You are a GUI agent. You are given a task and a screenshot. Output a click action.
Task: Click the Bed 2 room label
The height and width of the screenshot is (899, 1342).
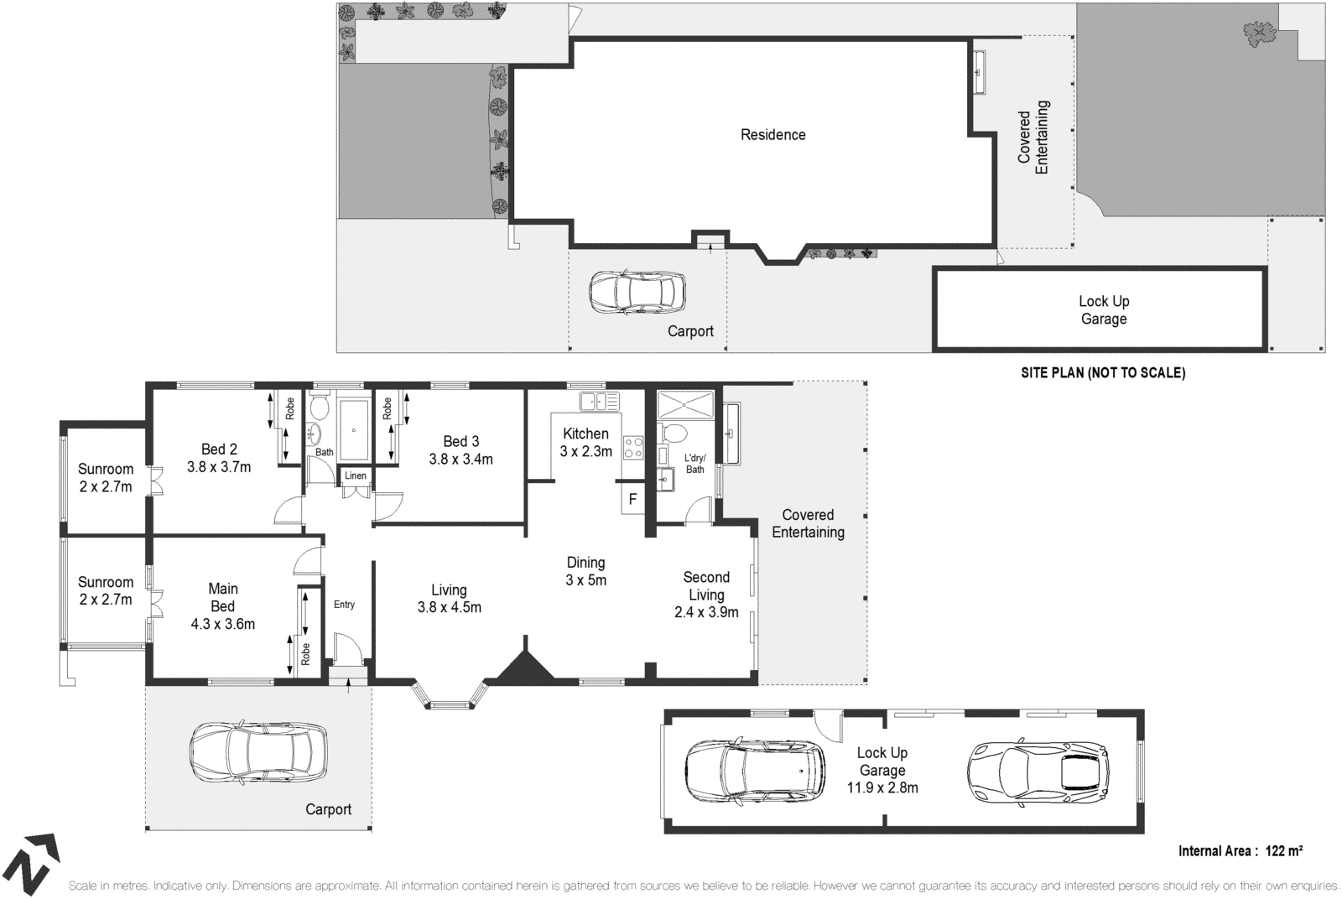tap(219, 458)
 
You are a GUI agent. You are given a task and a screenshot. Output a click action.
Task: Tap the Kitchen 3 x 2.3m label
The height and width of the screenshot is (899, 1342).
tap(585, 442)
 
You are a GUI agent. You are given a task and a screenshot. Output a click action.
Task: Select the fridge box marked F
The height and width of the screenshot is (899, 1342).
tap(632, 500)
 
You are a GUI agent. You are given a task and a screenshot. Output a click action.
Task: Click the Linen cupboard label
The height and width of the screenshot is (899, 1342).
tap(356, 475)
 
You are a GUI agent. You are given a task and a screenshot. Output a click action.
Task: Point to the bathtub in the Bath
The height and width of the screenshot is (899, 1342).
tap(354, 430)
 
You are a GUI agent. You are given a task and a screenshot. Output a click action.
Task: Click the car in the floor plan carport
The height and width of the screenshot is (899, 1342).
tap(258, 752)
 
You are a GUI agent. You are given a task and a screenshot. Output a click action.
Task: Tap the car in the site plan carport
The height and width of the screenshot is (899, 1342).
tap(637, 292)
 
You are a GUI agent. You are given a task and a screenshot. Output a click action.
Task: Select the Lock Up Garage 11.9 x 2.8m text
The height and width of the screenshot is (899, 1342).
tap(882, 770)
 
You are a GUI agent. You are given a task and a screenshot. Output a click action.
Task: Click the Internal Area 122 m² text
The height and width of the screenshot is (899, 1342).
tap(1240, 851)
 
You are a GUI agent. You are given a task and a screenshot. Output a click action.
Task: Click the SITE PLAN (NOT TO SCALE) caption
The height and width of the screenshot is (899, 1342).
tap(1102, 373)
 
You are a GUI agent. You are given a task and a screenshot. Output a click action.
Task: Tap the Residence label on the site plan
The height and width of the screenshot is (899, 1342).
tap(772, 134)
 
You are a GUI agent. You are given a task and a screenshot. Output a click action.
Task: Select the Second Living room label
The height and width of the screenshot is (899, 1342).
tap(706, 595)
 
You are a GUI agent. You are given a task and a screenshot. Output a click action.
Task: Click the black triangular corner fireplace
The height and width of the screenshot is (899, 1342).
tap(525, 662)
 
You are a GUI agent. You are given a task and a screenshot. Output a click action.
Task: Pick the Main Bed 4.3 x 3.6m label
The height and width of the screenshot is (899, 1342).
tap(222, 605)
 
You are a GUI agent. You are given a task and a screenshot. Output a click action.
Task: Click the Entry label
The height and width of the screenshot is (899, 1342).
tap(344, 605)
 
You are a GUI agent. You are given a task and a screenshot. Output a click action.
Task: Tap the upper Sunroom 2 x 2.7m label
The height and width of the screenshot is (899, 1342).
tap(106, 477)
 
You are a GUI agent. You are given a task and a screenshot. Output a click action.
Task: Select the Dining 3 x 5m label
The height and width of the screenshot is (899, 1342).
tap(585, 571)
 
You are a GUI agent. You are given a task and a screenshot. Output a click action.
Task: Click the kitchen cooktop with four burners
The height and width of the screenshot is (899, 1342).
tap(632, 448)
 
